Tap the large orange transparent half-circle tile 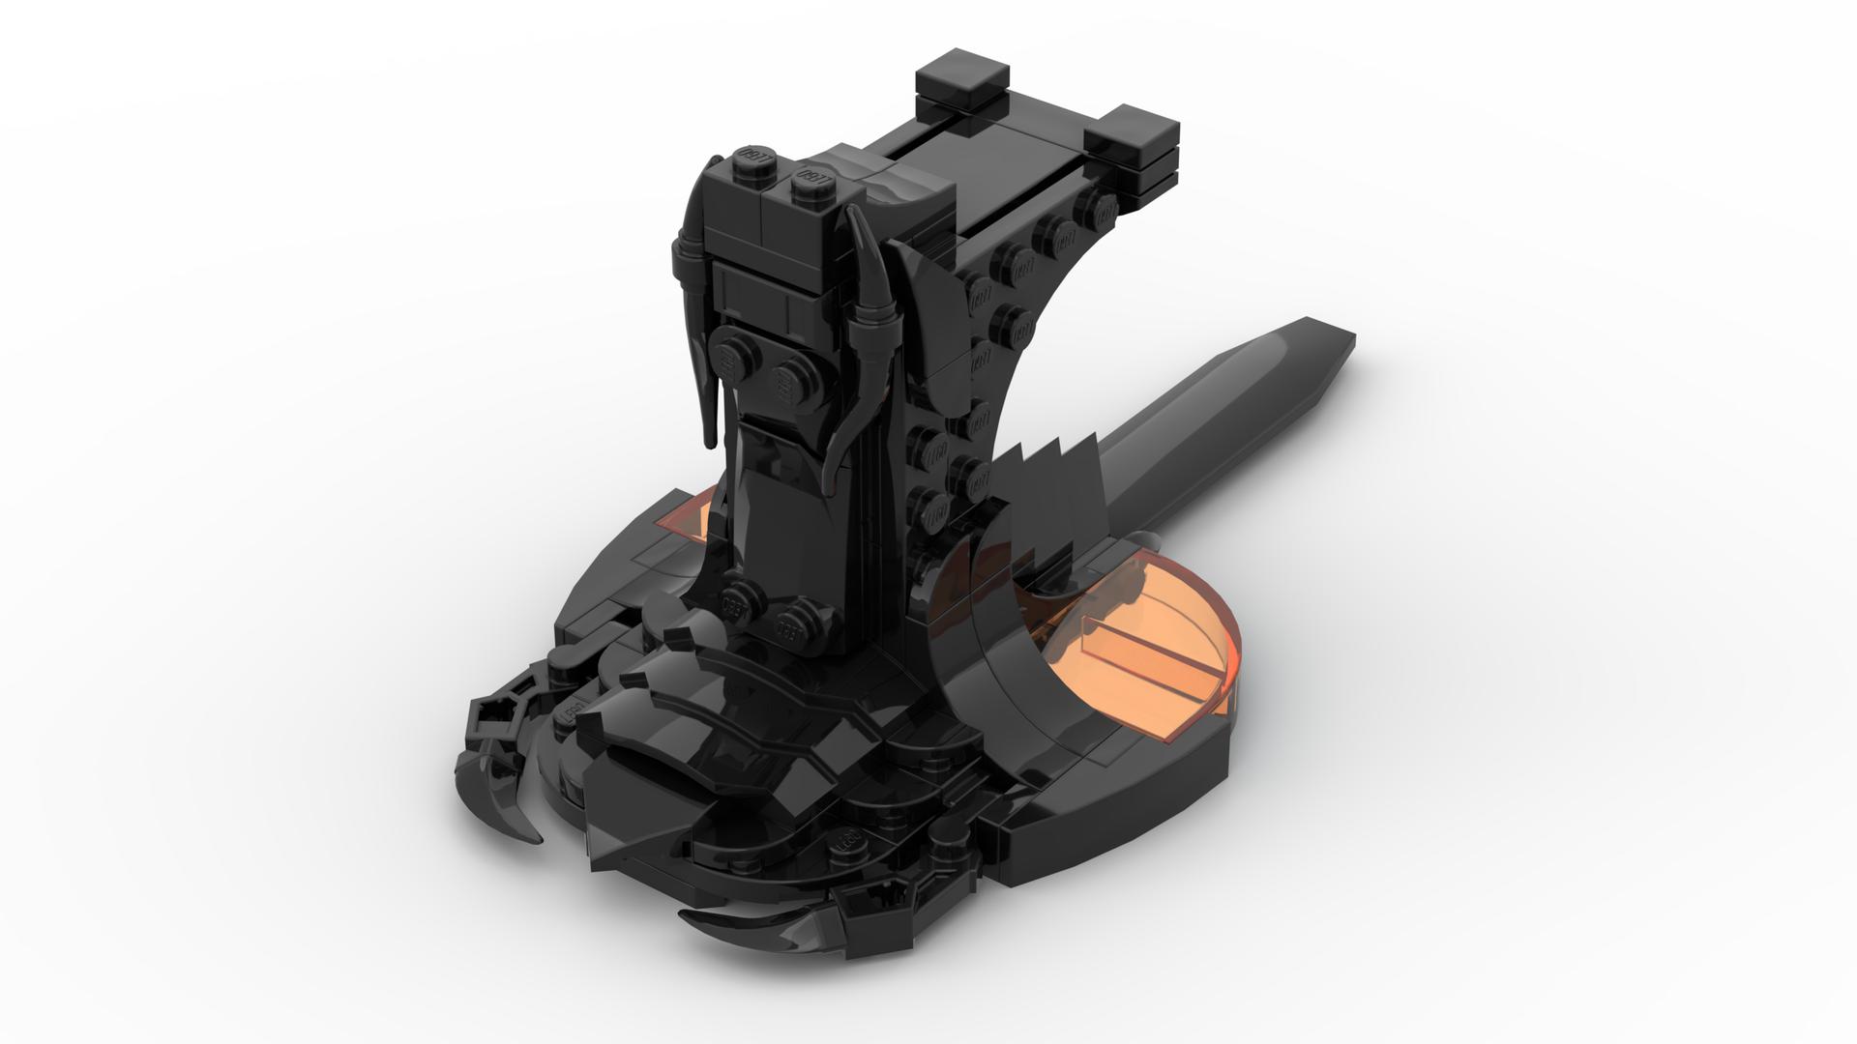[x=1161, y=667]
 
